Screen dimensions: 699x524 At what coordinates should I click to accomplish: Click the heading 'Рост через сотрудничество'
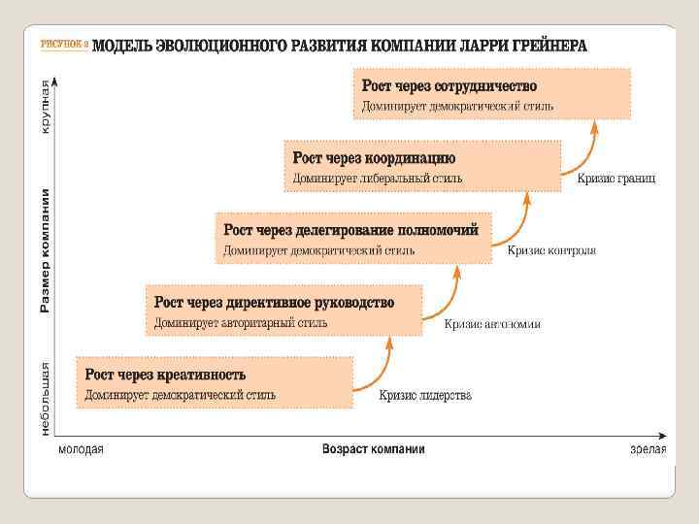449,86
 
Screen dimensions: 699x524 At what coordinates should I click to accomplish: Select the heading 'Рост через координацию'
374,158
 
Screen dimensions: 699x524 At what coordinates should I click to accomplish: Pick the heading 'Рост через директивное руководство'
274,303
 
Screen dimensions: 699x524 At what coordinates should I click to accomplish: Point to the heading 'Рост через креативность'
165,375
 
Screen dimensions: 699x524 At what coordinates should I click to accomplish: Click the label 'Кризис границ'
616,179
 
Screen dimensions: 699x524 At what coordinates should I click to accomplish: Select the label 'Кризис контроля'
551,250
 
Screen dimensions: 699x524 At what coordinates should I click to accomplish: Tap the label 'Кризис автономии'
492,324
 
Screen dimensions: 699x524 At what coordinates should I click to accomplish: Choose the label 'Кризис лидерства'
425,396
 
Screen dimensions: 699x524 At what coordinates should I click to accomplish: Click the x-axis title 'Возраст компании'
373,449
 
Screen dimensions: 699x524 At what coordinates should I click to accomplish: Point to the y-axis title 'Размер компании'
45,251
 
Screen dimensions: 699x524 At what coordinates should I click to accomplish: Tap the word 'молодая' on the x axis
81,449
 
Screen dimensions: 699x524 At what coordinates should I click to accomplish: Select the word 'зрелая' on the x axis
648,449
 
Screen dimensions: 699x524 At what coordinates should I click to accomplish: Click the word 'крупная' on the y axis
45,108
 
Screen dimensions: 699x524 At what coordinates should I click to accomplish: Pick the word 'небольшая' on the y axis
45,398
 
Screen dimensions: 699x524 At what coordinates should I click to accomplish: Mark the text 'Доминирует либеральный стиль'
378,179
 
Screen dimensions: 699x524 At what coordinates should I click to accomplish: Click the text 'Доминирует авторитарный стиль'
240,323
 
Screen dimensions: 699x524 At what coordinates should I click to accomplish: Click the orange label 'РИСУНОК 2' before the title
65,46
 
